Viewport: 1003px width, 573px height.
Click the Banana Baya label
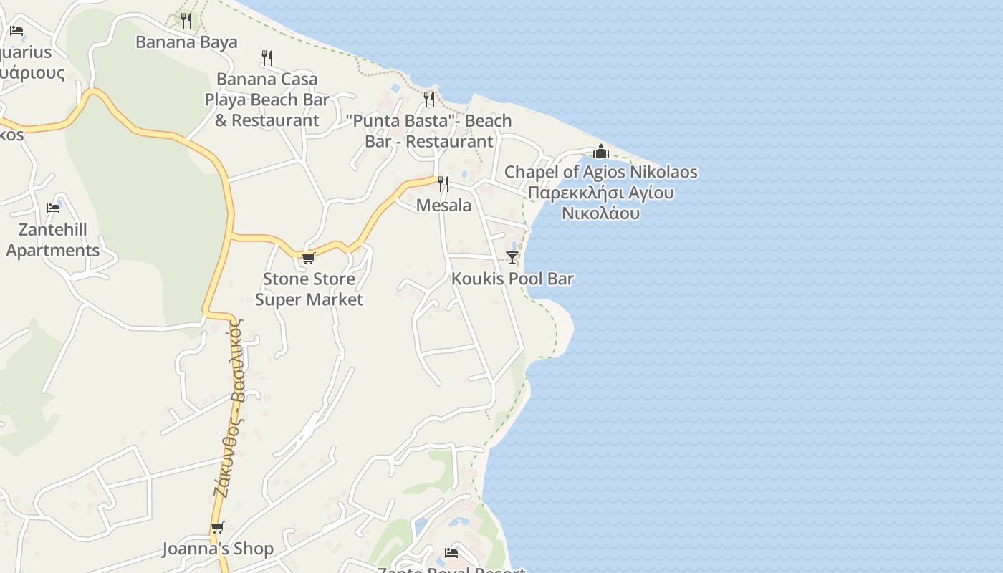(186, 42)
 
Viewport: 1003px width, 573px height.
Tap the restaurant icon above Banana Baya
(186, 20)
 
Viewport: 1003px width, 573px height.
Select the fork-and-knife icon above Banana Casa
(267, 57)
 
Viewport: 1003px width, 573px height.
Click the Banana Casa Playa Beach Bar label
(267, 100)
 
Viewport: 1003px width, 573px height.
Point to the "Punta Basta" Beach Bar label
(429, 130)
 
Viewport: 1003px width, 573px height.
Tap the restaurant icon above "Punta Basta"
(429, 99)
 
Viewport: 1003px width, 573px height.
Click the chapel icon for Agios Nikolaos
(600, 151)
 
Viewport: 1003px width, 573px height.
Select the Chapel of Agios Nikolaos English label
(600, 172)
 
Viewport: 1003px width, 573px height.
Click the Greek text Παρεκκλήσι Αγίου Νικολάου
(600, 203)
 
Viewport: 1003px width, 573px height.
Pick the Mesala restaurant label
(443, 206)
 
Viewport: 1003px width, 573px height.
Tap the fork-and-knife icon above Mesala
(443, 184)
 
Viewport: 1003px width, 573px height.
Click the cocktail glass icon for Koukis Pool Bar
(512, 258)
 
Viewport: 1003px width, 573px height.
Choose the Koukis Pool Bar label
(512, 279)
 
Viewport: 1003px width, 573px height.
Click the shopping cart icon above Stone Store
(309, 258)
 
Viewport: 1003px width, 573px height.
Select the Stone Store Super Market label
(309, 289)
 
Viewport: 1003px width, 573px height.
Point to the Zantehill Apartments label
(53, 240)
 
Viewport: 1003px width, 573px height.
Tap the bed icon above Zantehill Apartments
(53, 208)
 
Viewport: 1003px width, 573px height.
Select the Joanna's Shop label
(218, 549)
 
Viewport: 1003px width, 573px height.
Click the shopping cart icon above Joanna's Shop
(218, 528)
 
